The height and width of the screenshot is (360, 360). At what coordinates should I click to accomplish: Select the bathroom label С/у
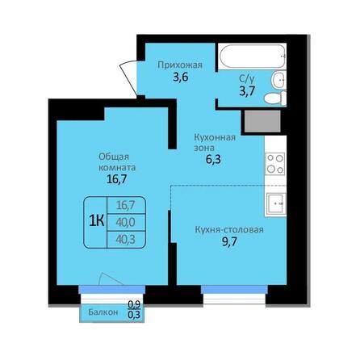[248, 79]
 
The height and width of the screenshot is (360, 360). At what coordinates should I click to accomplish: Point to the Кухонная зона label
[214, 142]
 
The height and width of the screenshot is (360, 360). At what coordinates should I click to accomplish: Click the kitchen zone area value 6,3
[214, 159]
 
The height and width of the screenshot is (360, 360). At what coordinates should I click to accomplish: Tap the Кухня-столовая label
[229, 229]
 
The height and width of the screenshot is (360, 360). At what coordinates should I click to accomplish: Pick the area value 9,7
[228, 244]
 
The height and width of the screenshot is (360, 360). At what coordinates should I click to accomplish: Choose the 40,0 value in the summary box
[125, 221]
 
